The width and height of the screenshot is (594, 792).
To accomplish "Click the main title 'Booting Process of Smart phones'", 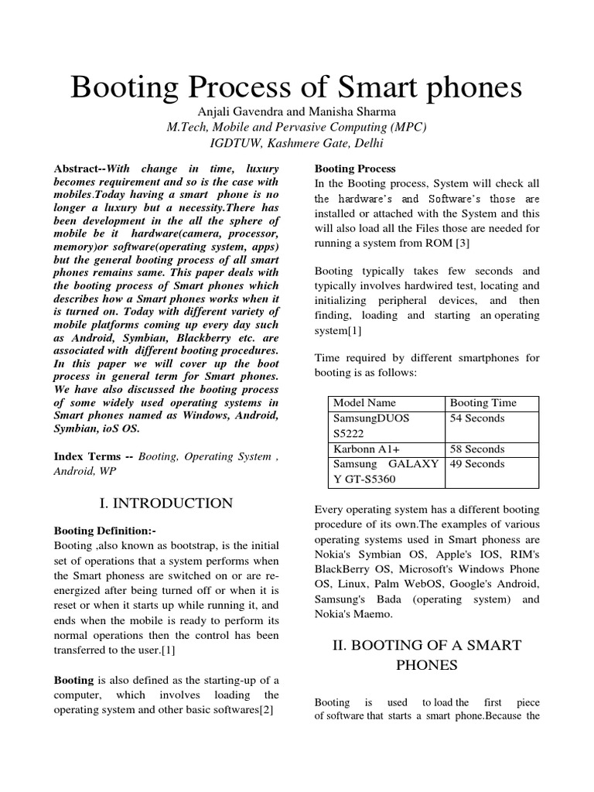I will (296, 88).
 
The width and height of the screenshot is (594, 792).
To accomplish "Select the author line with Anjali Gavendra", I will (296, 113).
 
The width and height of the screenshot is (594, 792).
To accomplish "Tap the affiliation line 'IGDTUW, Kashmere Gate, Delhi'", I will (296, 144).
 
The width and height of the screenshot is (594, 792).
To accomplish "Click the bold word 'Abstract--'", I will (80, 169).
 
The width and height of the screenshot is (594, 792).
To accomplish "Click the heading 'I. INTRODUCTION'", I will (166, 504).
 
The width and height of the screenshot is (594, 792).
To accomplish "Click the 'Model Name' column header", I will (364, 403).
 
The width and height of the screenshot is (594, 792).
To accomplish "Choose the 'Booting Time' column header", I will (483, 403).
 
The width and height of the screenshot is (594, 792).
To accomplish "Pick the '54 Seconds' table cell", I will (477, 418).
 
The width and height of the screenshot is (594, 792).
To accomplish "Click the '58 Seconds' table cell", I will (477, 449).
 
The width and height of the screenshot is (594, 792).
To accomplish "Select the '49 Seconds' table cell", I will (477, 465).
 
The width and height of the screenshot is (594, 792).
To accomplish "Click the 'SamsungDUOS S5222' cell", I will (371, 426).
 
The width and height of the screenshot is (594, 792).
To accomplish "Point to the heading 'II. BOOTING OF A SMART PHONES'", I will (427, 654).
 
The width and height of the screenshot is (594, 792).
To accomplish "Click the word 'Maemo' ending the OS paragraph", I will (374, 614).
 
